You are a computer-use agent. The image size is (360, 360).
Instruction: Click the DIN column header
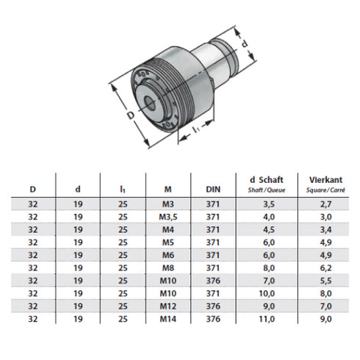click(213, 189)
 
